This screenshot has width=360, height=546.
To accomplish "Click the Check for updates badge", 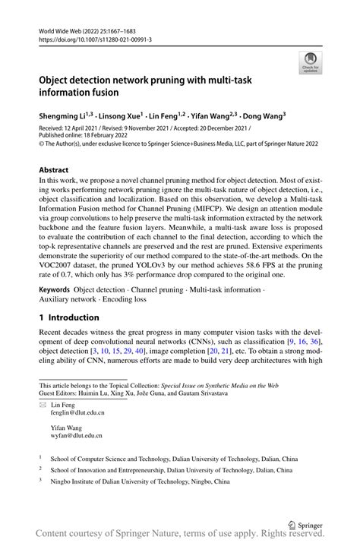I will [311, 63].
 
